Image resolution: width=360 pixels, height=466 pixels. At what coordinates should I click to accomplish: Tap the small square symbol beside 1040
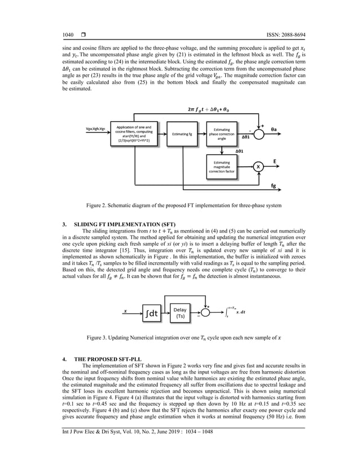[x=83, y=36]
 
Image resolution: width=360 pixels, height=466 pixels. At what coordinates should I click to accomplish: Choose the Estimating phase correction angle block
[x=222, y=135]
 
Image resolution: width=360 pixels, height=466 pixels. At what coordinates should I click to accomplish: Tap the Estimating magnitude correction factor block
[x=222, y=167]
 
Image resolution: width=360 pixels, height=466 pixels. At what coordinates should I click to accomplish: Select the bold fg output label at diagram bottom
[x=274, y=186]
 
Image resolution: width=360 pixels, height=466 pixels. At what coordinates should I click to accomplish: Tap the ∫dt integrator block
[x=152, y=312]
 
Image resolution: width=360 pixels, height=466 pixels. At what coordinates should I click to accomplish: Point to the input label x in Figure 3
[x=125, y=310]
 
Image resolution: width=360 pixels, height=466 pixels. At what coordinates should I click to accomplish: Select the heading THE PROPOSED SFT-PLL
[x=109, y=359]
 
